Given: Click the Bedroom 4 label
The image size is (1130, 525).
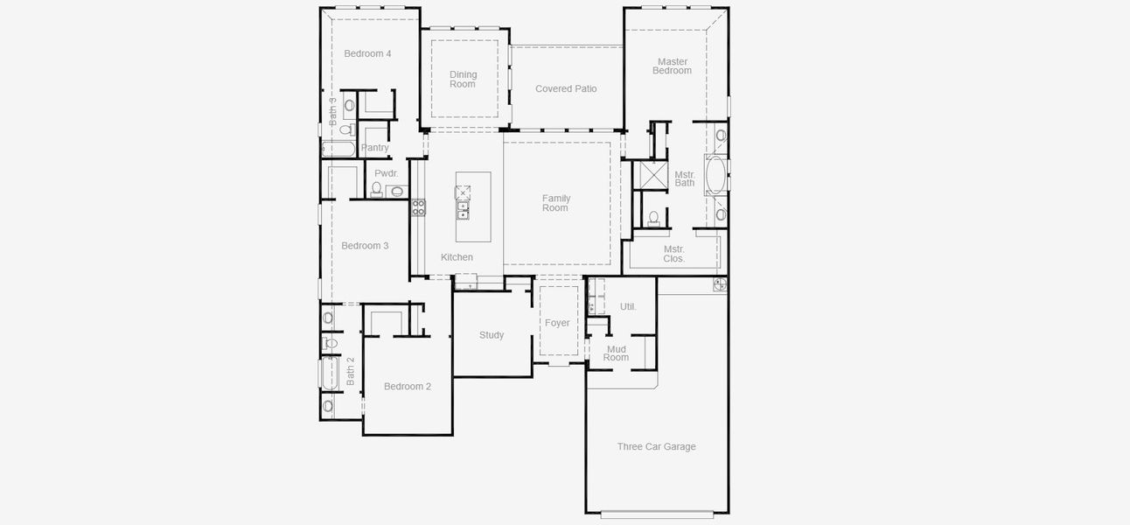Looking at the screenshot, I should [367, 53].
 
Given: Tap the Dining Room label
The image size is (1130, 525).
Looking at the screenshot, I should [463, 80].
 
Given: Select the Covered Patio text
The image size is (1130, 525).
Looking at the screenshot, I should [566, 88].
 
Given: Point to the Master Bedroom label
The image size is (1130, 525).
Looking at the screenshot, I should [672, 66].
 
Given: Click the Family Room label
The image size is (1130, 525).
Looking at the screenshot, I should [555, 203].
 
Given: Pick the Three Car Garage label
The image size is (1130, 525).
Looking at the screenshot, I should [656, 446].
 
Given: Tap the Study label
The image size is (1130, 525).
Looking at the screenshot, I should [492, 335].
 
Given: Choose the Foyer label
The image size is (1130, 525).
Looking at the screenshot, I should [557, 323].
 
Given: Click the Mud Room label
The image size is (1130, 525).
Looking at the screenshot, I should [616, 353].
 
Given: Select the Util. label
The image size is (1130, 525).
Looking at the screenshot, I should [628, 306].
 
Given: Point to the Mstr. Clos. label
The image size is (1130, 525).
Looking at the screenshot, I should [673, 254].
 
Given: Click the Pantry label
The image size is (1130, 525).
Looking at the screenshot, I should [375, 148].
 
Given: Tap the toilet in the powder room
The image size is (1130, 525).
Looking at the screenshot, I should [377, 188].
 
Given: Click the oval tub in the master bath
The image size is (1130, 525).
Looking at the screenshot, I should [715, 175].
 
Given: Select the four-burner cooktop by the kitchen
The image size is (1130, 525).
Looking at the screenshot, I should [418, 207].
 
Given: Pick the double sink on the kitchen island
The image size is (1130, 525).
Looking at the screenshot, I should [464, 211].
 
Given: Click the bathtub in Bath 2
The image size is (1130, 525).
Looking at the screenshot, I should [330, 374].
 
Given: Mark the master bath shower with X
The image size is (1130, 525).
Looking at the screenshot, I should [650, 175].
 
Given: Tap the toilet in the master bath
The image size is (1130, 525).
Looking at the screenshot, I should [653, 218].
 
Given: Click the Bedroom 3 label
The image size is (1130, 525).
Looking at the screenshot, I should [365, 246].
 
